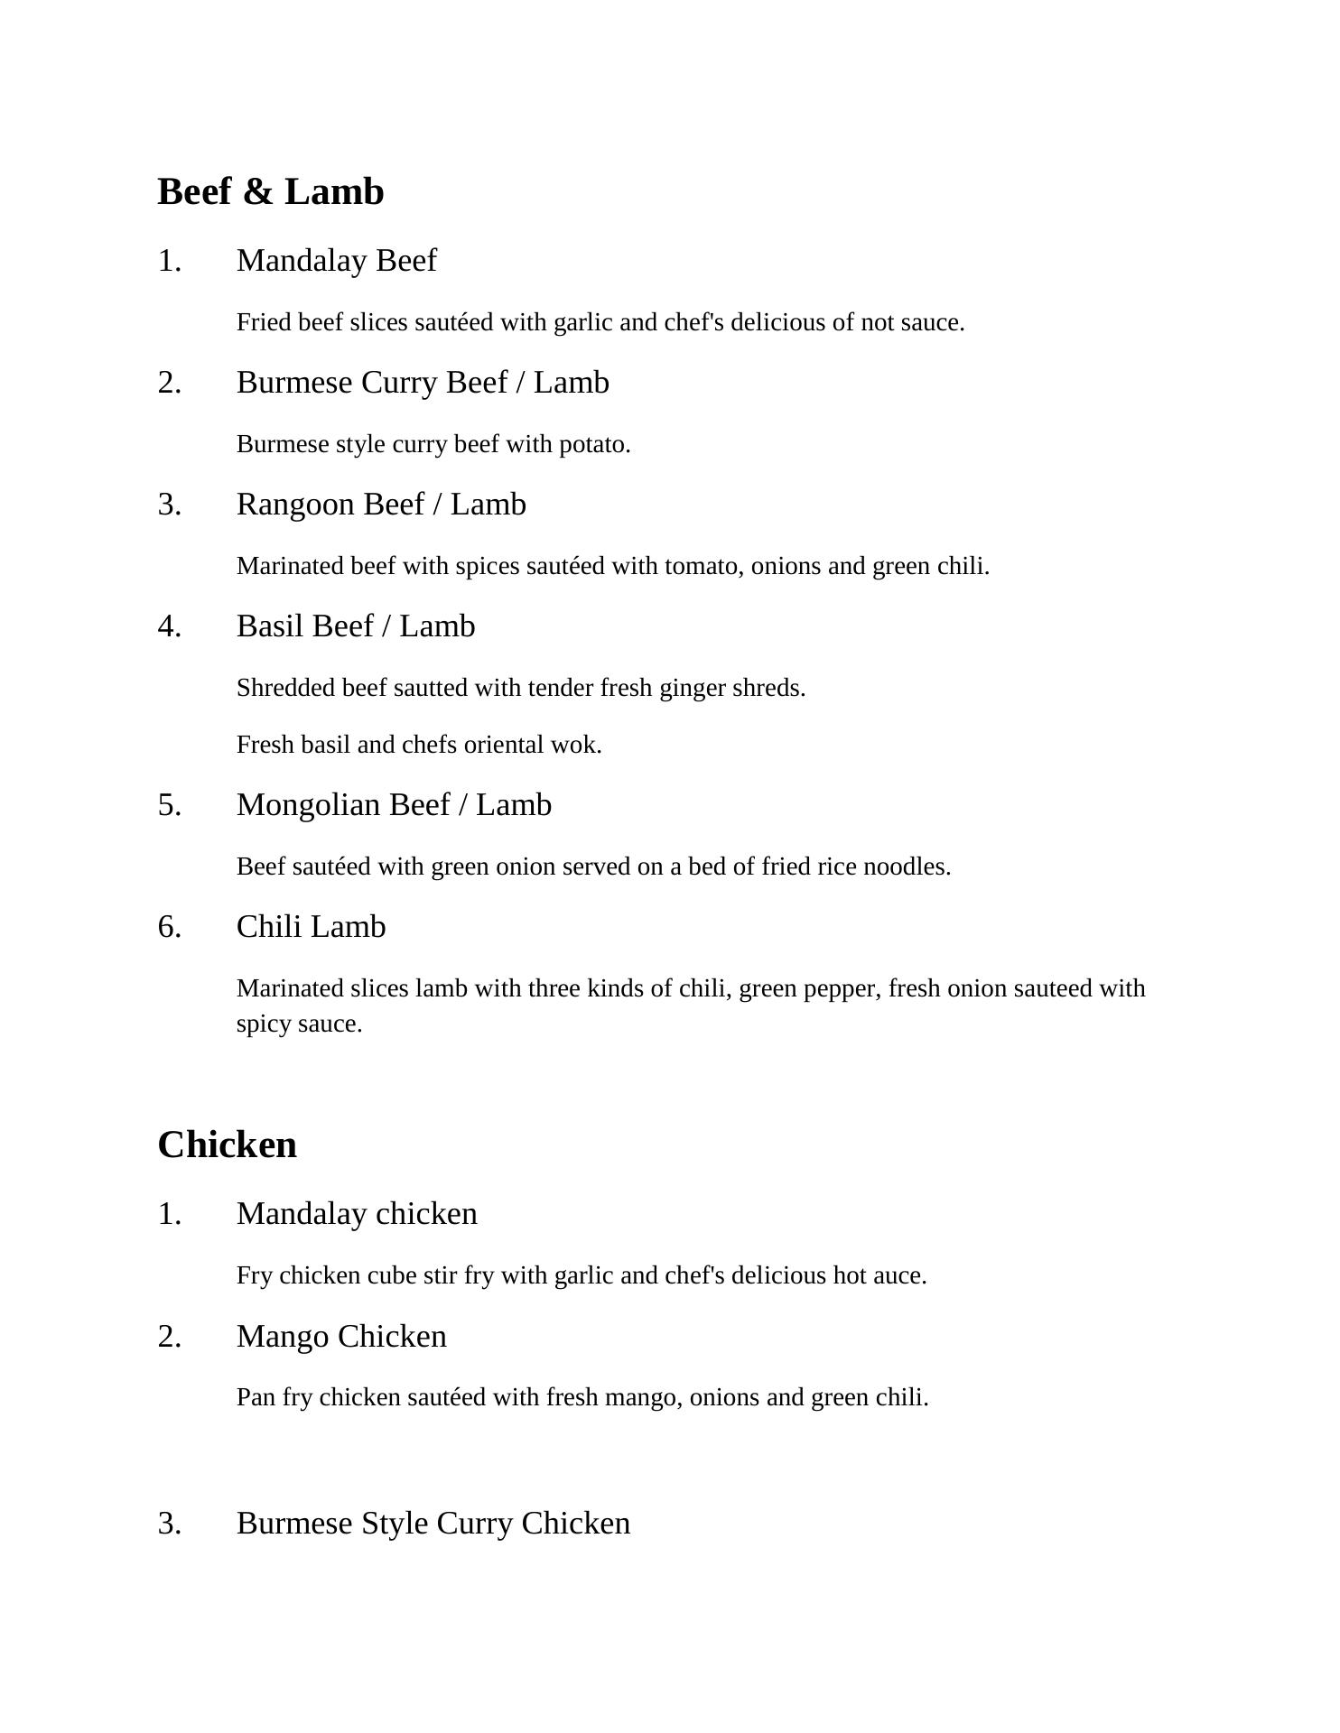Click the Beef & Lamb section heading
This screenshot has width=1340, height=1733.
[x=271, y=192]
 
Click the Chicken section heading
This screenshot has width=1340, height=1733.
[x=227, y=1145]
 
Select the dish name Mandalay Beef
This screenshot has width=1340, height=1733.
[x=336, y=261]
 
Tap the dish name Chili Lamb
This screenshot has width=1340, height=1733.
[x=311, y=927]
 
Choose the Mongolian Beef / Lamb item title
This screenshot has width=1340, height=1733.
[x=394, y=805]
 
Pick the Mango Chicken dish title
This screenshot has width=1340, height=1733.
[x=341, y=1337]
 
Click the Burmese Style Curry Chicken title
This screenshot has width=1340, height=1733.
[x=433, y=1524]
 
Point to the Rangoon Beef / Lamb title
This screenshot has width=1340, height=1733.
[x=381, y=505]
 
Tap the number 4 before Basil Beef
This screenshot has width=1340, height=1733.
[x=169, y=626]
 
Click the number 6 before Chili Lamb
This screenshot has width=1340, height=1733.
[x=169, y=927]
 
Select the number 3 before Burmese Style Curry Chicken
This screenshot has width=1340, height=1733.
[x=169, y=1524]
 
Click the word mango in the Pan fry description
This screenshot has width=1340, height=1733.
[x=643, y=1398]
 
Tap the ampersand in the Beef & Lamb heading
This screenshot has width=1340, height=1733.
[x=258, y=192]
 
